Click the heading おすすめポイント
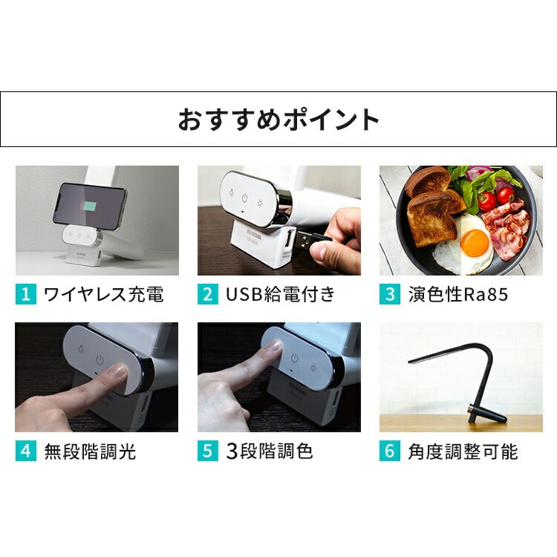coord(278,120)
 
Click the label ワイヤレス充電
coord(103,294)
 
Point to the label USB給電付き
coord(280,294)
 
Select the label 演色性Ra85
coord(457,294)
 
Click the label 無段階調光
coord(89,451)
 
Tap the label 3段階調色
coord(269,451)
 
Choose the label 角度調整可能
coord(462,451)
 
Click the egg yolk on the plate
coord(474,241)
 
